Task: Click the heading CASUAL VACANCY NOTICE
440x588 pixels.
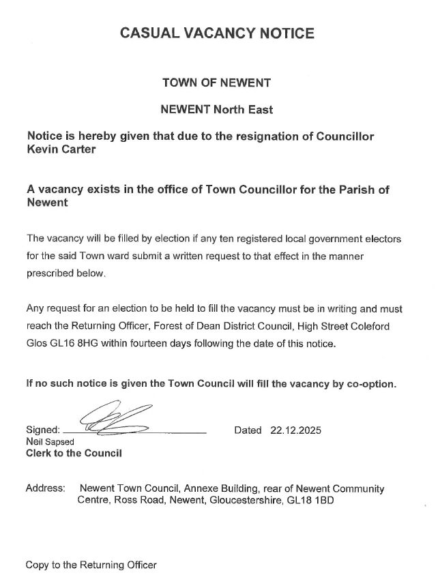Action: pos(217,33)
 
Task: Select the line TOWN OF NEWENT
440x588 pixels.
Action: pos(216,83)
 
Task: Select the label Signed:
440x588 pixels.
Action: pos(42,430)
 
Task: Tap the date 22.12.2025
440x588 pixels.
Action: pos(295,430)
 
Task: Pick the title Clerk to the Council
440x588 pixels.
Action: pos(74,454)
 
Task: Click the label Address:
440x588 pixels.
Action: pos(45,489)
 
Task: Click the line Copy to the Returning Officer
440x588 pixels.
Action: pos(91,565)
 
